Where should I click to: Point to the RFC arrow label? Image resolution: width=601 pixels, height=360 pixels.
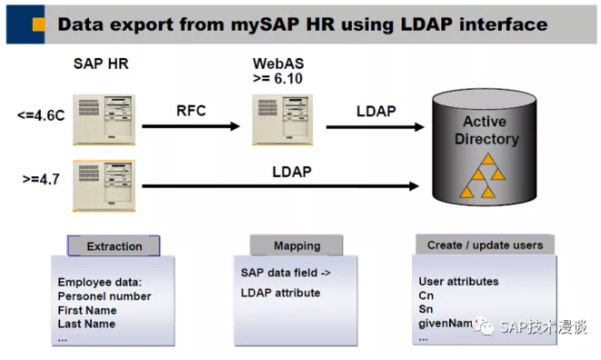(192, 112)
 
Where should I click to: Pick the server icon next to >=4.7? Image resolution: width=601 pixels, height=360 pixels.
(103, 183)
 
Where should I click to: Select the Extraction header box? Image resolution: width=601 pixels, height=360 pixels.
(114, 245)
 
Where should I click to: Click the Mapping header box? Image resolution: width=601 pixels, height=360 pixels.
(296, 245)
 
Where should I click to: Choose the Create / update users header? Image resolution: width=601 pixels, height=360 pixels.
(485, 245)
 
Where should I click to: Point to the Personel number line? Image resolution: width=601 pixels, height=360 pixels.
(105, 296)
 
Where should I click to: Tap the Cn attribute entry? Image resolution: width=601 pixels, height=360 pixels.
(426, 295)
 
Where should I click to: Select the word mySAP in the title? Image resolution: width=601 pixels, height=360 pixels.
(245, 22)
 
